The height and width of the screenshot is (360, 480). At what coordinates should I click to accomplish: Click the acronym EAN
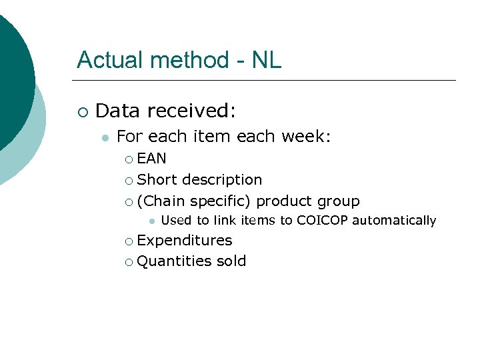151,159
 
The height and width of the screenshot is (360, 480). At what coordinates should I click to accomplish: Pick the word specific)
220,201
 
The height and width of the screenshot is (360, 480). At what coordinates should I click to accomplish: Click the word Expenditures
185,241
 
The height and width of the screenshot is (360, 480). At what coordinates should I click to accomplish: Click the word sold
231,261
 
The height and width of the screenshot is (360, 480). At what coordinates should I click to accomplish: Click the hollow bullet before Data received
82,111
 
